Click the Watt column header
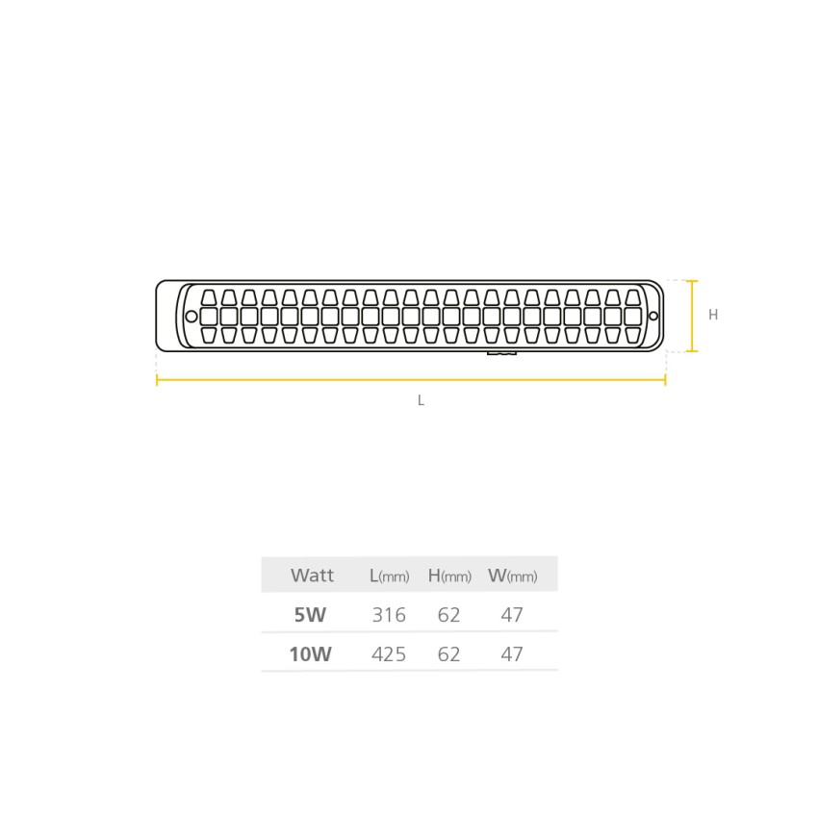312,575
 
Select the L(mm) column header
389,575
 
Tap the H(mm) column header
449,575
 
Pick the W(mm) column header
512,575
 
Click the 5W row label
310,615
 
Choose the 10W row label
311,653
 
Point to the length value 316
389,615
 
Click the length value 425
389,653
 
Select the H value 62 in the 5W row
448,615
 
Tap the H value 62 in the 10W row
448,653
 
